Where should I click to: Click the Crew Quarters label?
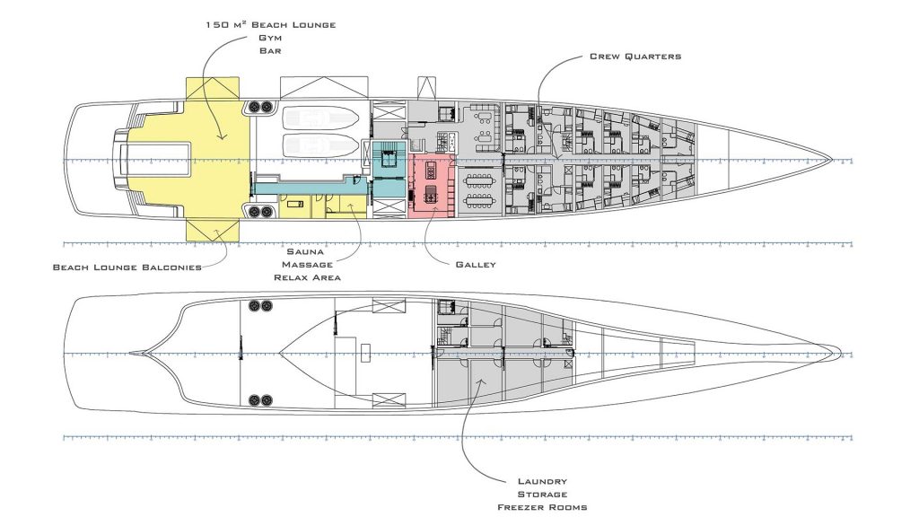coord(635,57)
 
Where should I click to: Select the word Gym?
coord(269,39)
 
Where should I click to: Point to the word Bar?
coord(269,53)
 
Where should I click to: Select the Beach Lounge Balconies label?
coord(127,267)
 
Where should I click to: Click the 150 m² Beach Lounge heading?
coord(269,24)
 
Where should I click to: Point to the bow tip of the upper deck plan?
coord(833,160)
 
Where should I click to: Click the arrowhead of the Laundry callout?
coord(479,381)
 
